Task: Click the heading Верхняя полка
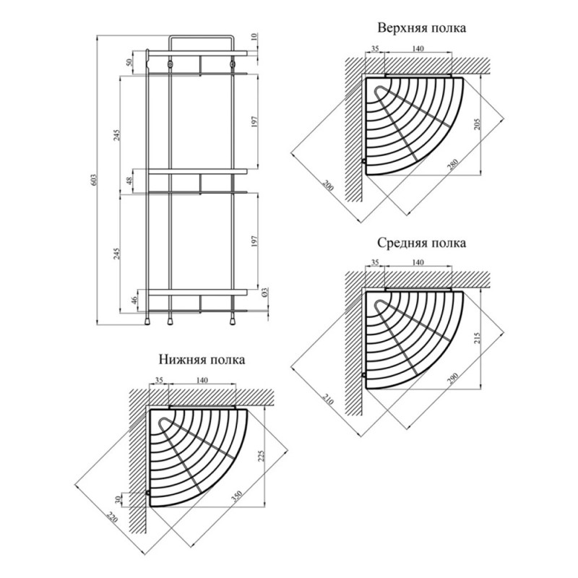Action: point(422,28)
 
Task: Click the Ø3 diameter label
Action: point(264,293)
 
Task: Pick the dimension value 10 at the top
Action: point(264,37)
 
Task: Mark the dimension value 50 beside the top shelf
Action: point(130,62)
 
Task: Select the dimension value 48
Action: point(130,181)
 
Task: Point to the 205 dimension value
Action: point(476,124)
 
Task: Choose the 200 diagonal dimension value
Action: point(329,186)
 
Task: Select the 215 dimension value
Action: point(476,337)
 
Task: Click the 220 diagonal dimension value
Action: point(113,517)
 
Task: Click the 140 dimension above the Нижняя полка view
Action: point(202,380)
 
